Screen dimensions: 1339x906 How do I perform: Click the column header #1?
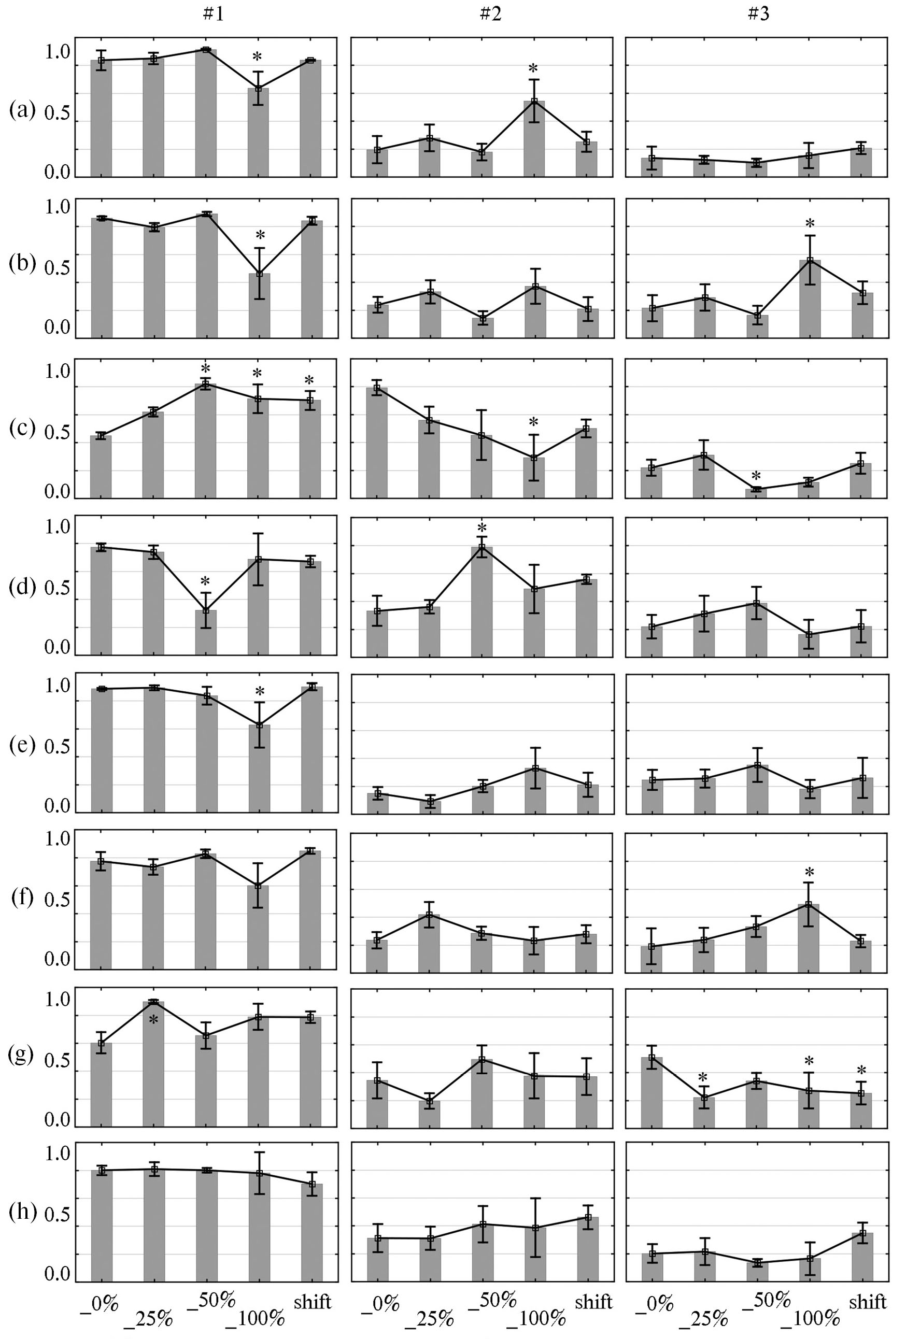tap(213, 14)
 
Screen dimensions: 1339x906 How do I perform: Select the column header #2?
tap(490, 14)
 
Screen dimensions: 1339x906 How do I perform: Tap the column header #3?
tap(758, 14)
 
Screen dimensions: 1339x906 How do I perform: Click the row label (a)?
tap(22, 109)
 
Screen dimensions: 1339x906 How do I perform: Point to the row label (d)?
tap(22, 587)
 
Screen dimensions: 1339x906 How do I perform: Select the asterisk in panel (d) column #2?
tap(482, 529)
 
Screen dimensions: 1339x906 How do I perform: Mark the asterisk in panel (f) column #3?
tap(809, 872)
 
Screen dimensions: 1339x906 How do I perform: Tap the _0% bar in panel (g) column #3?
tap(652, 1092)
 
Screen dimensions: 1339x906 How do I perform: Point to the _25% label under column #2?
tap(429, 1318)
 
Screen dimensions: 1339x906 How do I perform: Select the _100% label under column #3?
tap(814, 1318)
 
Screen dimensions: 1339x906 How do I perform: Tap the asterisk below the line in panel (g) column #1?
tap(153, 1020)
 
